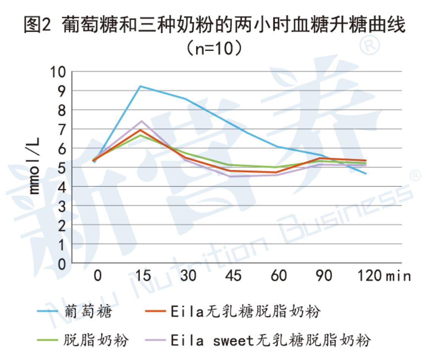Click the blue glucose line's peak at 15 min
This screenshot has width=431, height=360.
140,86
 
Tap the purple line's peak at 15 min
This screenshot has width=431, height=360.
142,121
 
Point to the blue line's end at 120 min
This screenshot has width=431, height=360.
366,174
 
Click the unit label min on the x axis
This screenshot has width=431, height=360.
398,276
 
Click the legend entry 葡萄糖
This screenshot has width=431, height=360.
89,312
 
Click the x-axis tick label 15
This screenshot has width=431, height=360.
142,276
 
